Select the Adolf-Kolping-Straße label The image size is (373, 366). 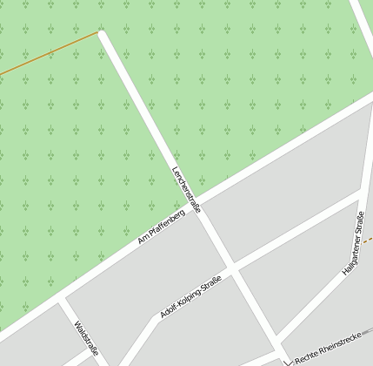tap(190, 297)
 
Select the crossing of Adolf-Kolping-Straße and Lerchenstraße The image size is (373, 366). tap(232, 265)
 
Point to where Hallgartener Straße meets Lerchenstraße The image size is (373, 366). tap(278, 340)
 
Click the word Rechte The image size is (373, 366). tap(305, 358)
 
